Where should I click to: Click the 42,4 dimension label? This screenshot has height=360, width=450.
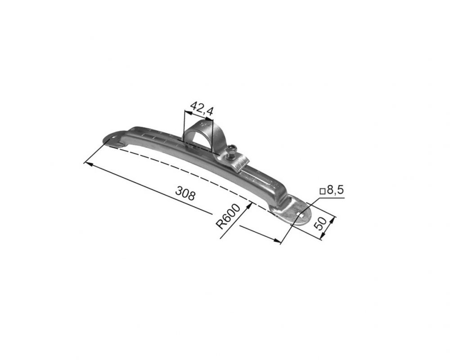point(202,108)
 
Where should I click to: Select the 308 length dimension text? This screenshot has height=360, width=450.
point(185,193)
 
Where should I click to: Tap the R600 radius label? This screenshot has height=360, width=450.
point(228,216)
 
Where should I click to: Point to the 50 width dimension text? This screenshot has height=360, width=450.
point(320,223)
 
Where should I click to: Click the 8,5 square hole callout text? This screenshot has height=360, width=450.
point(335,190)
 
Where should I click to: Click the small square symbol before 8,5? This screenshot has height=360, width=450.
point(323,191)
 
